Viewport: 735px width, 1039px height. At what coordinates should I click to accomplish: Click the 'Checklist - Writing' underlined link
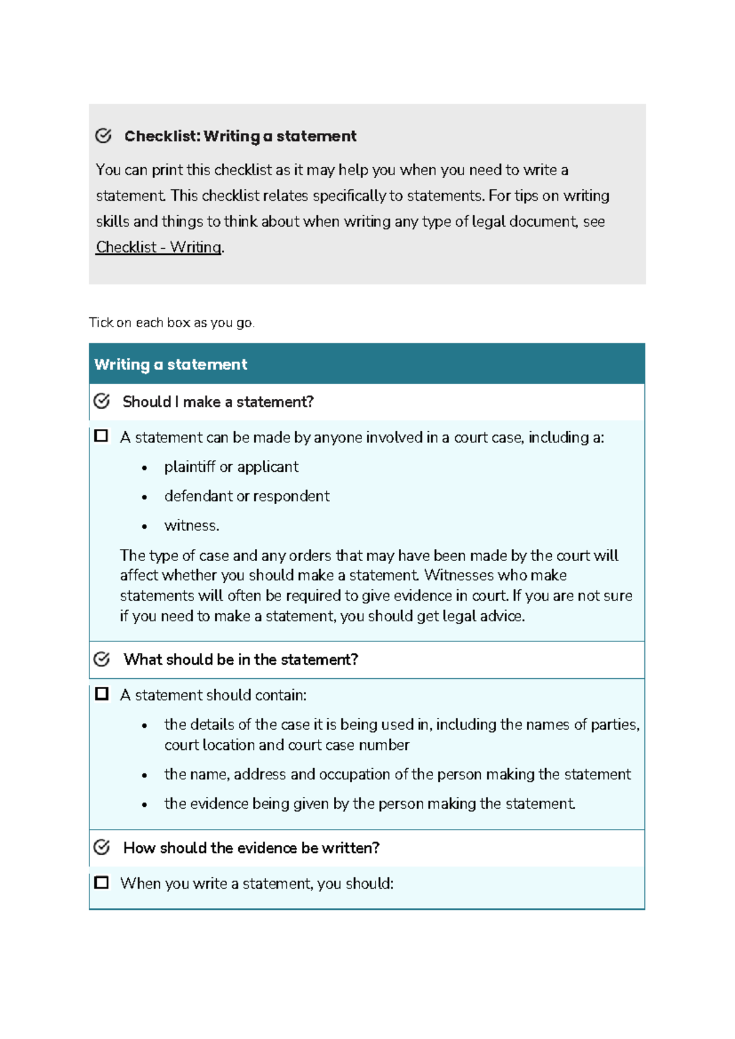159,247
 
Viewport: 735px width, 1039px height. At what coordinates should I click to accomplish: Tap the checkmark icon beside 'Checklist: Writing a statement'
104,135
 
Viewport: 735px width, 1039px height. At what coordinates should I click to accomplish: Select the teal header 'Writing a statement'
171,365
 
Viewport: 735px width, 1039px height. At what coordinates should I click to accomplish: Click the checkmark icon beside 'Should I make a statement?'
102,401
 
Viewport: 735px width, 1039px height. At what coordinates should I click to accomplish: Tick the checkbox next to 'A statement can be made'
102,436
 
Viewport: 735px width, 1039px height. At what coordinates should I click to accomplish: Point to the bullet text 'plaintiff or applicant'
231,467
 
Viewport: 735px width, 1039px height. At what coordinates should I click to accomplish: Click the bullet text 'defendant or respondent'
247,496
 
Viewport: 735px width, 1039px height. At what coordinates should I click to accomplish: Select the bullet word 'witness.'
192,526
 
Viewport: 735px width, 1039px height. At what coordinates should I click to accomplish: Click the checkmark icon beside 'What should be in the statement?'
102,659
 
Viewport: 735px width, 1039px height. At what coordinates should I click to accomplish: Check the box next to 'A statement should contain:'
102,694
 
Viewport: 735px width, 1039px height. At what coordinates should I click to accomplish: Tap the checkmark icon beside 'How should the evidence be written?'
102,847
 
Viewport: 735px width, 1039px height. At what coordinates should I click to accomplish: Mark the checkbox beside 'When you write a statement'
102,883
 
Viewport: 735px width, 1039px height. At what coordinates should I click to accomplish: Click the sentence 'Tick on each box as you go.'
171,323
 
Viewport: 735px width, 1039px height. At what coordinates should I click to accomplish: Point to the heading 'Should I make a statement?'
218,402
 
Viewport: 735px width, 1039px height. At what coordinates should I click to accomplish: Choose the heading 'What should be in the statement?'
241,660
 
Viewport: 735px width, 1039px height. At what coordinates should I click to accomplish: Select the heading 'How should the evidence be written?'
251,848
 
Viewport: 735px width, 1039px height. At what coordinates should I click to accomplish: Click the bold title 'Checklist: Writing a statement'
240,136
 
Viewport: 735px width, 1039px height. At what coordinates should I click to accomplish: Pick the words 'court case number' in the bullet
349,745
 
